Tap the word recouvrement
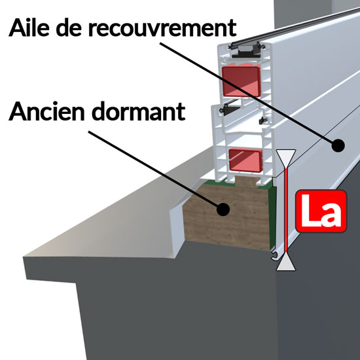162,27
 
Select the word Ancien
47,111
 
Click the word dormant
139,111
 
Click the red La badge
321,211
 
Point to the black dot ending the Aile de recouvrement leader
338,145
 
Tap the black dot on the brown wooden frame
223,209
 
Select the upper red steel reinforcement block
241,81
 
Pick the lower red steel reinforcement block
245,160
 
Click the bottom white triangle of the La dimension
286,263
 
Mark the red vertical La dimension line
286,211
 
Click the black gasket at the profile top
246,51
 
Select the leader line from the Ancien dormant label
154,170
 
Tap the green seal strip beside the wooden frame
272,218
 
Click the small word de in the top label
69,27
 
